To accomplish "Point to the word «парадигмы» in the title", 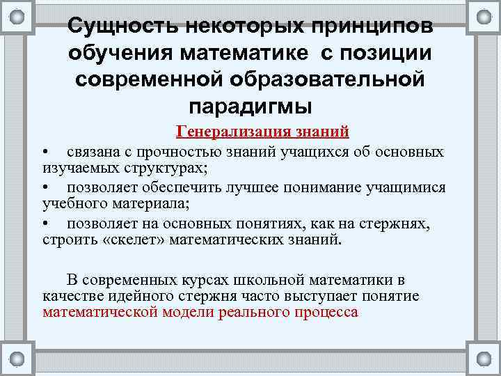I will (x=250, y=106).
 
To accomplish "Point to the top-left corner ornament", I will (x=17, y=16).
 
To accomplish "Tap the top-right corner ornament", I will (x=483, y=16).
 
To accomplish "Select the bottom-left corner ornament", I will (x=17, y=359).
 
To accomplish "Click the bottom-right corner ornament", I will (x=483, y=359).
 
